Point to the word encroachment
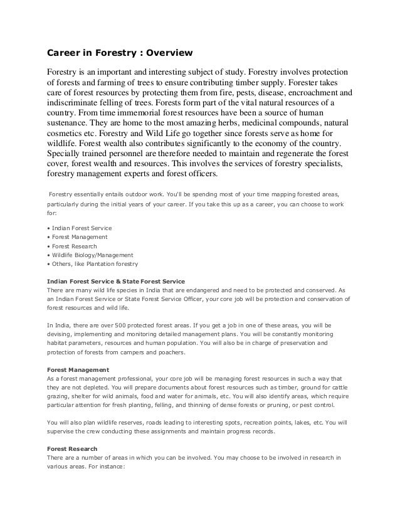308,92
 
